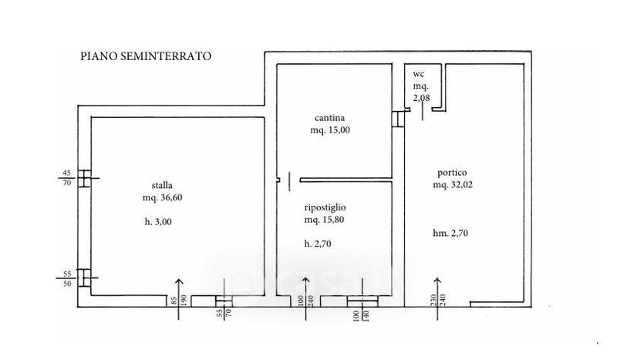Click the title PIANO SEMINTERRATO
pyautogui.click(x=146, y=56)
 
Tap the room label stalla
pyautogui.click(x=162, y=185)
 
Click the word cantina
pyautogui.click(x=329, y=118)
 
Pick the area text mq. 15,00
pyautogui.click(x=329, y=130)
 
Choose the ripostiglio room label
pyautogui.click(x=325, y=207)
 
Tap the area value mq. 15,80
pyautogui.click(x=325, y=220)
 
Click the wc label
pyautogui.click(x=420, y=73)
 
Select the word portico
pyautogui.click(x=450, y=173)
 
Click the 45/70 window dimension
pyautogui.click(x=66, y=177)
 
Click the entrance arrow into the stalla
pyautogui.click(x=181, y=293)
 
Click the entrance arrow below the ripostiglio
pyautogui.click(x=303, y=293)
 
